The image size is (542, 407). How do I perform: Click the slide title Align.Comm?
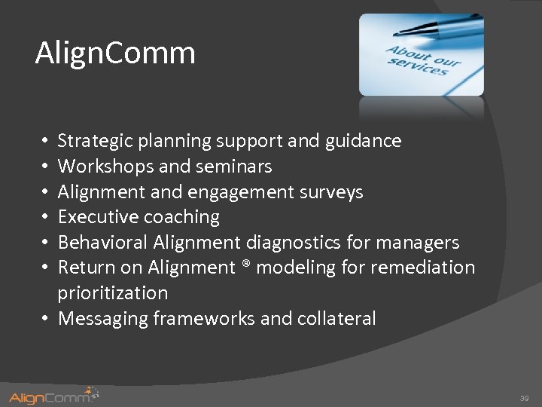coord(115,54)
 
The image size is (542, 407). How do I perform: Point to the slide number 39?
coord(524,397)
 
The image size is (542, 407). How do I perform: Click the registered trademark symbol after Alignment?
coord(245,266)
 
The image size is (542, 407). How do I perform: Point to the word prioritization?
coord(113,293)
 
